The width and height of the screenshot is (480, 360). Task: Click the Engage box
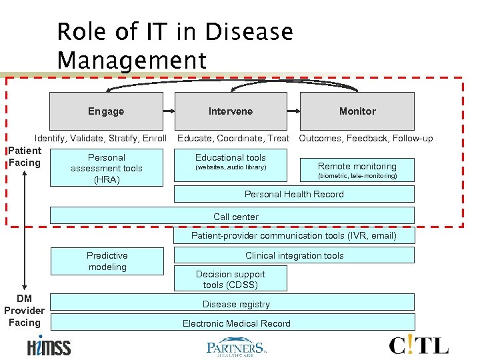pos(106,111)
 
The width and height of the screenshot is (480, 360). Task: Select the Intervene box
pos(231,111)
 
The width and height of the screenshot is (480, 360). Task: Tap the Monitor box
pos(357,111)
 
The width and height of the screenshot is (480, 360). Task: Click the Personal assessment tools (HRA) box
pos(107,169)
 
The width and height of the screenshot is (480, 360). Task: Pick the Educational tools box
pos(231,162)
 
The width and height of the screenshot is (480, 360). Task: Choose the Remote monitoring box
pos(357,170)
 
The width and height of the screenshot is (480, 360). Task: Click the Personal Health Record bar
pos(294,194)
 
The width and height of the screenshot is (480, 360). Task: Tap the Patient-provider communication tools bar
pos(294,235)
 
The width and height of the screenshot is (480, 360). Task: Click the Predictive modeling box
pos(107,261)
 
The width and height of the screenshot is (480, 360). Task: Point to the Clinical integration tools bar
pos(294,255)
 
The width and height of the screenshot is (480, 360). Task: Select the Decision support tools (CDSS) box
pos(231,279)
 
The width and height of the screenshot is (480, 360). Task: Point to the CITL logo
pos(419,345)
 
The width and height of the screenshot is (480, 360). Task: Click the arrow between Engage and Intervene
pos(169,111)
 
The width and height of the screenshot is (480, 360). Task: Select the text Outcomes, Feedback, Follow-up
pos(365,139)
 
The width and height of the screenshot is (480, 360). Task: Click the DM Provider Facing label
pos(24,311)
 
